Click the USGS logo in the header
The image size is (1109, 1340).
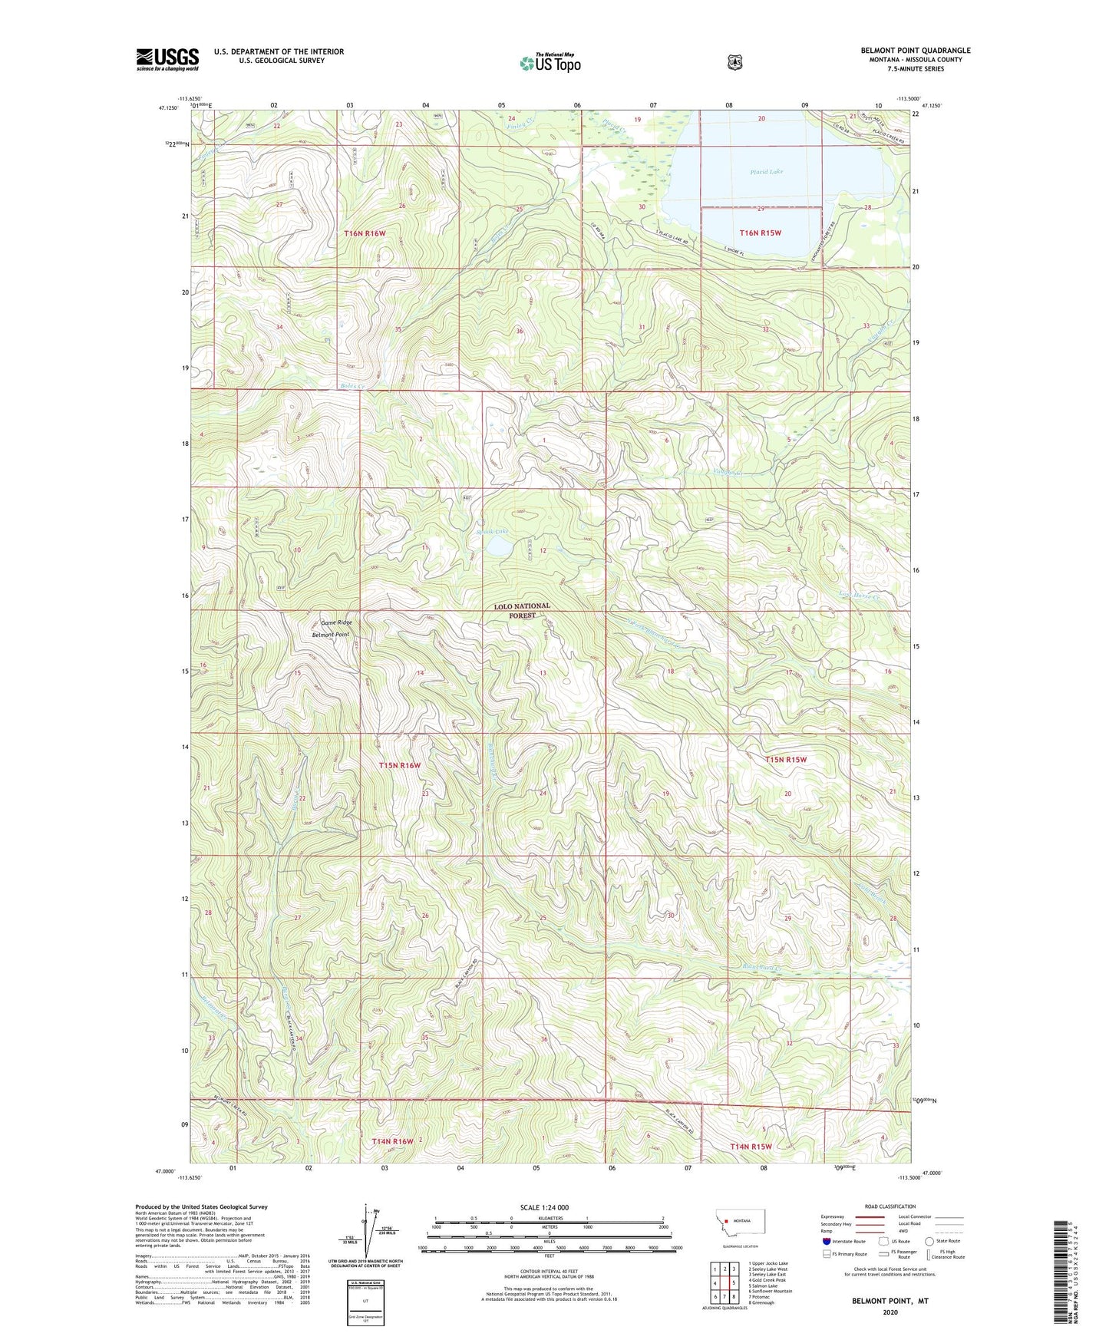[x=167, y=59]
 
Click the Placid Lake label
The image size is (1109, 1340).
[x=766, y=172]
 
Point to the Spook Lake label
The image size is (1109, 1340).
[x=492, y=531]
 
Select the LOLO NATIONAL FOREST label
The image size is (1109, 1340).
[x=522, y=610]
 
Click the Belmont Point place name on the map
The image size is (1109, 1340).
[x=330, y=635]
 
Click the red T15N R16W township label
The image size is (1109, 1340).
[x=400, y=765]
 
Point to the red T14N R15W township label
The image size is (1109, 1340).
[x=751, y=1146]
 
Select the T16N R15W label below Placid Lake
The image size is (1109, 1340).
[x=760, y=233]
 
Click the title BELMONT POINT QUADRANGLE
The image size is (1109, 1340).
[x=915, y=51]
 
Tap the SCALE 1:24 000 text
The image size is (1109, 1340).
[x=544, y=1207]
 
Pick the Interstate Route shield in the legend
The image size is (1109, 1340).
[x=826, y=1240]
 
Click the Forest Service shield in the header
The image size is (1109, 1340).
[x=734, y=62]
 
